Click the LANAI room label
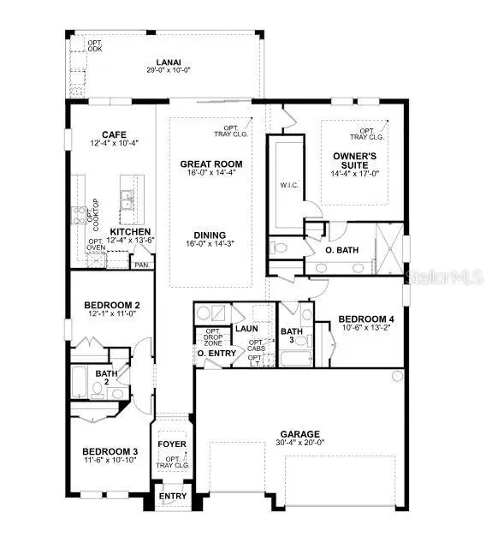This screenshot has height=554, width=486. point(168,62)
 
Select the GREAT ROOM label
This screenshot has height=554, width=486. point(211,164)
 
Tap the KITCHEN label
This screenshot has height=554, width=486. point(130,231)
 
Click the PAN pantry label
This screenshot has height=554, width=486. point(140,265)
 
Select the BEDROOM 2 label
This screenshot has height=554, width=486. point(111,305)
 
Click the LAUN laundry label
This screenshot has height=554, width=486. point(246,328)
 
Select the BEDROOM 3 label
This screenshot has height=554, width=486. point(110,451)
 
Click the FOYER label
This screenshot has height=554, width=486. point(172,444)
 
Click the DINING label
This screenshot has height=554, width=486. point(210,235)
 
